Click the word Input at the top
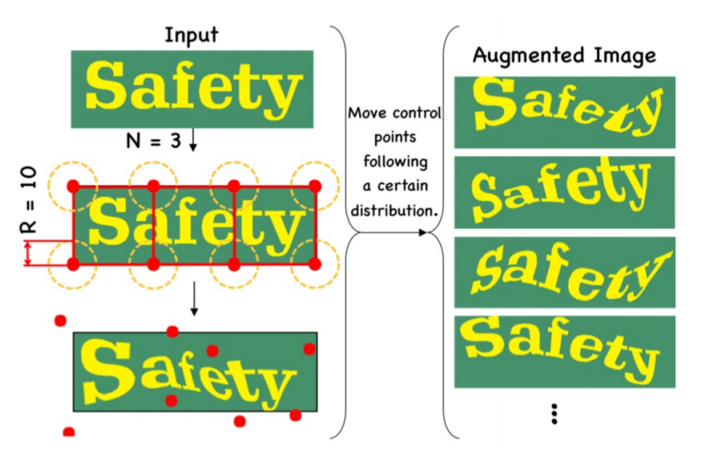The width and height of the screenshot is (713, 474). pos(191,35)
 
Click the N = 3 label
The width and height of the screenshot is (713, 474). pos(153,141)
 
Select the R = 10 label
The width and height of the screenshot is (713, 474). pos(29,200)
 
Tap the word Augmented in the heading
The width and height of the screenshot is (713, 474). pos(528,56)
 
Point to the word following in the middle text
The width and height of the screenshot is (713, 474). pos(395,161)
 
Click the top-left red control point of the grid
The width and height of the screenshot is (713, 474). pos(73,186)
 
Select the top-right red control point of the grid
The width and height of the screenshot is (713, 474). pos(314,186)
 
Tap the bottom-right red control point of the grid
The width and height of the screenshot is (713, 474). pos(314,264)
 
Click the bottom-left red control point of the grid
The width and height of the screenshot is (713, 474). pos(73,264)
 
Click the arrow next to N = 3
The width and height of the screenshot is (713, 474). pos(193,140)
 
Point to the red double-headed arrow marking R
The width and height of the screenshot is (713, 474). pos(28,253)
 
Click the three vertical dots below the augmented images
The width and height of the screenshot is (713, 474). pos(555,414)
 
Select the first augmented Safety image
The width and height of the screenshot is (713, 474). pos(565,113)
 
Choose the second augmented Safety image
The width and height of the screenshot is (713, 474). pos(565,192)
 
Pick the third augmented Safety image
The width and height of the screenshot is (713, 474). pos(565,272)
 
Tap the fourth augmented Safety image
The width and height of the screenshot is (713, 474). pos(565,352)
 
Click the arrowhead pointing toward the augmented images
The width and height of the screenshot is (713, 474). pos(423,233)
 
